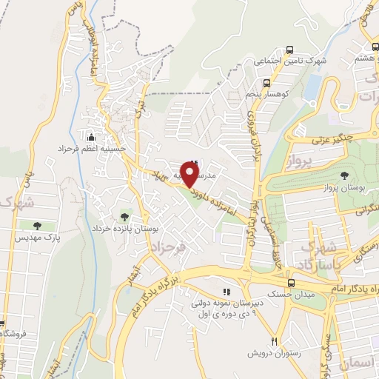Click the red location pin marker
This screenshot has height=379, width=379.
click(x=190, y=174)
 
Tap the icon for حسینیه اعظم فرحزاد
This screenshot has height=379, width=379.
click(x=91, y=137)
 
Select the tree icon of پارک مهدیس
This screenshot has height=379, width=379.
click(x=37, y=225)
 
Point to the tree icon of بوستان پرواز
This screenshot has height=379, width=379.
click(x=343, y=175)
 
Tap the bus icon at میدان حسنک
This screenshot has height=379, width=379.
click(x=291, y=284)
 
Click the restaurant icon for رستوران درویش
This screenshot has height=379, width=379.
click(x=274, y=341)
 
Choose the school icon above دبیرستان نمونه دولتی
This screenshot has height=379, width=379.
click(x=227, y=291)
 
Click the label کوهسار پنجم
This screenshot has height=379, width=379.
click(x=300, y=84)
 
